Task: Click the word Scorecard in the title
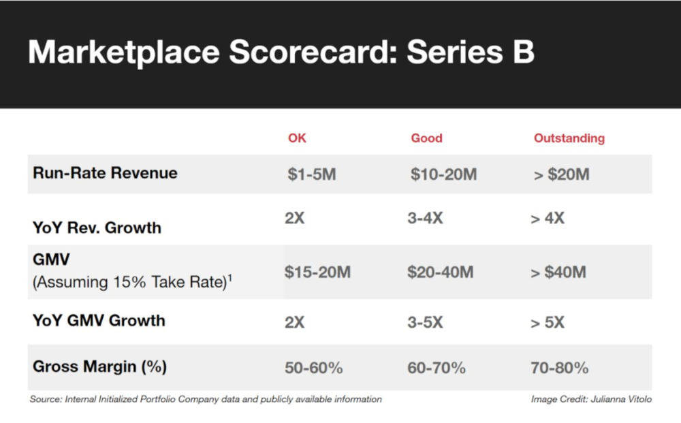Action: [313, 52]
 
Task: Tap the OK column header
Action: [297, 138]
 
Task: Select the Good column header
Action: [426, 138]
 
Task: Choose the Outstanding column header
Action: [569, 138]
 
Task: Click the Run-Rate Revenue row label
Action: [105, 173]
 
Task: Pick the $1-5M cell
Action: [312, 174]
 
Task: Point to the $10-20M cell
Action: [443, 174]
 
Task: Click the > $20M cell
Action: [562, 174]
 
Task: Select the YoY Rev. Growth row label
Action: [97, 228]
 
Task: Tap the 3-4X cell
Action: [425, 218]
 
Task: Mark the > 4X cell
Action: [548, 218]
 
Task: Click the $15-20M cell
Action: [317, 272]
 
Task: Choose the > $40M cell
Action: [558, 272]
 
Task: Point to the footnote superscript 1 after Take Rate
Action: [229, 277]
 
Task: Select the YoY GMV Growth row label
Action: [99, 321]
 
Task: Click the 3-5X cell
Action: [425, 322]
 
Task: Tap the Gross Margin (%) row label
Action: [100, 366]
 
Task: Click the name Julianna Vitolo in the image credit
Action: [621, 399]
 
